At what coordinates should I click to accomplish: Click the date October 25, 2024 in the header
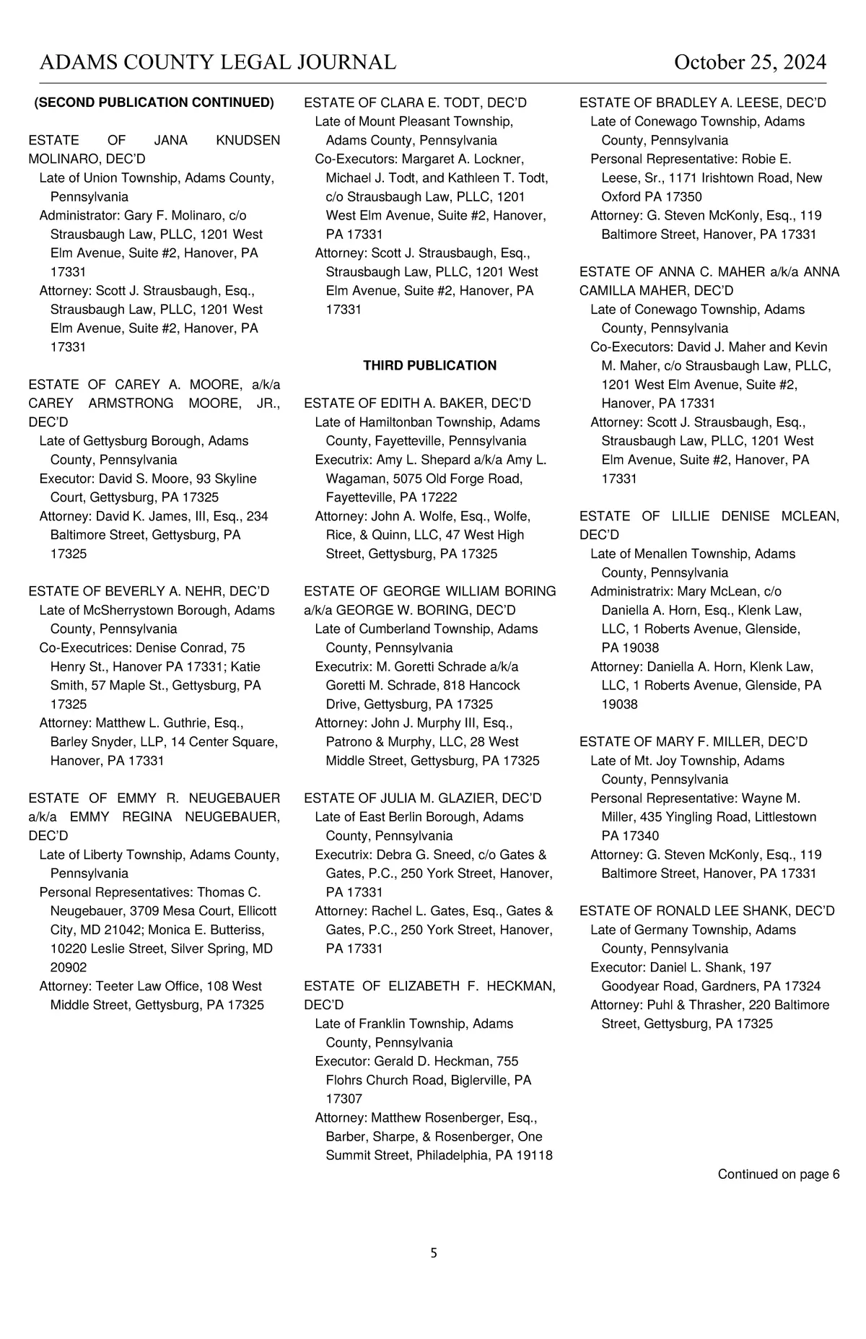pyautogui.click(x=750, y=63)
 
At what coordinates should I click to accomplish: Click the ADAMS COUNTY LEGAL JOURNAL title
pyautogui.click(x=217, y=63)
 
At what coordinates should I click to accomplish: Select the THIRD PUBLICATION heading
pyautogui.click(x=429, y=366)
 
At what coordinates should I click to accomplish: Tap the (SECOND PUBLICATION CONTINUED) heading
pyautogui.click(x=154, y=103)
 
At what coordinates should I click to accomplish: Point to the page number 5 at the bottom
pyautogui.click(x=434, y=1253)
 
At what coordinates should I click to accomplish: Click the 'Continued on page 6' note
pyautogui.click(x=778, y=1174)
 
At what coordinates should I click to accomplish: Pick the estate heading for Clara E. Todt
pyautogui.click(x=415, y=103)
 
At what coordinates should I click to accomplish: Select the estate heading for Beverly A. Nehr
pyautogui.click(x=149, y=591)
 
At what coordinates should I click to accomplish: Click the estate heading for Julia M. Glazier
pyautogui.click(x=422, y=798)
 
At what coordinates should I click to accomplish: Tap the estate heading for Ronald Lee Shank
pyautogui.click(x=707, y=911)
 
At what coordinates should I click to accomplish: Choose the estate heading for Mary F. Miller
pyautogui.click(x=693, y=742)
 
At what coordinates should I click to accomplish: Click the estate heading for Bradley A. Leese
pyautogui.click(x=702, y=103)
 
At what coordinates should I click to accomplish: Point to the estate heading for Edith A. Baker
pyautogui.click(x=417, y=404)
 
